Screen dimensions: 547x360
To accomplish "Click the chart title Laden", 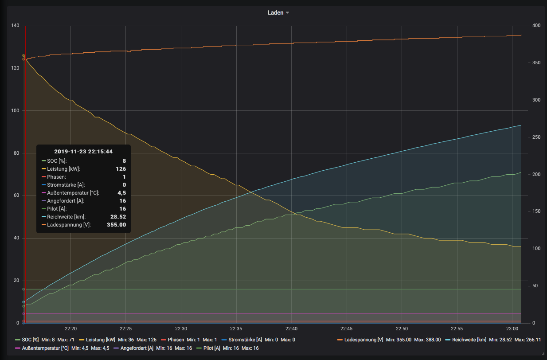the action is click(x=275, y=13).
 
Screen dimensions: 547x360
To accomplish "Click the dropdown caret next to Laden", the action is click(x=287, y=13).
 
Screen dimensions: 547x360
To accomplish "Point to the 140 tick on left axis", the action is click(x=15, y=26).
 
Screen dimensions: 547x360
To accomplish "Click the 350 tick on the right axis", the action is click(x=536, y=63).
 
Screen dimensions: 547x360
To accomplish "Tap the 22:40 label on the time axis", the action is click(x=291, y=329).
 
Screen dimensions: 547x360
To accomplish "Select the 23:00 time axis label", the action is click(x=512, y=329).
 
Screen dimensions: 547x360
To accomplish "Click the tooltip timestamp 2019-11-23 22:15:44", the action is click(x=83, y=152).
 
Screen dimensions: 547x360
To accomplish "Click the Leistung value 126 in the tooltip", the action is click(x=121, y=169).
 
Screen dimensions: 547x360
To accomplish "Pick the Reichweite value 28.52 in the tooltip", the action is click(x=118, y=217).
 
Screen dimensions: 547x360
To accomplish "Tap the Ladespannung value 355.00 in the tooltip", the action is click(x=117, y=225).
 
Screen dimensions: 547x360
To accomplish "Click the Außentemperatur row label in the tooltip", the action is click(x=73, y=193).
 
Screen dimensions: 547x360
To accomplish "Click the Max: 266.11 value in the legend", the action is click(x=527, y=340).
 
